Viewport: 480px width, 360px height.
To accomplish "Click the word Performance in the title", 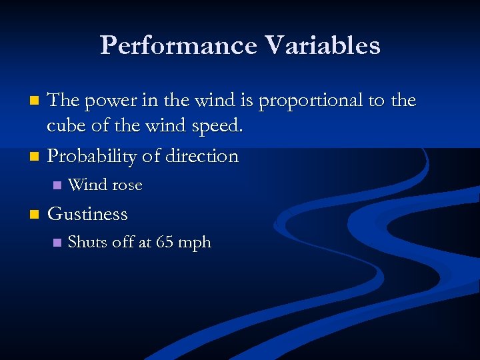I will [178, 45].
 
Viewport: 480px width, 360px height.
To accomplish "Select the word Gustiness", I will [87, 214].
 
